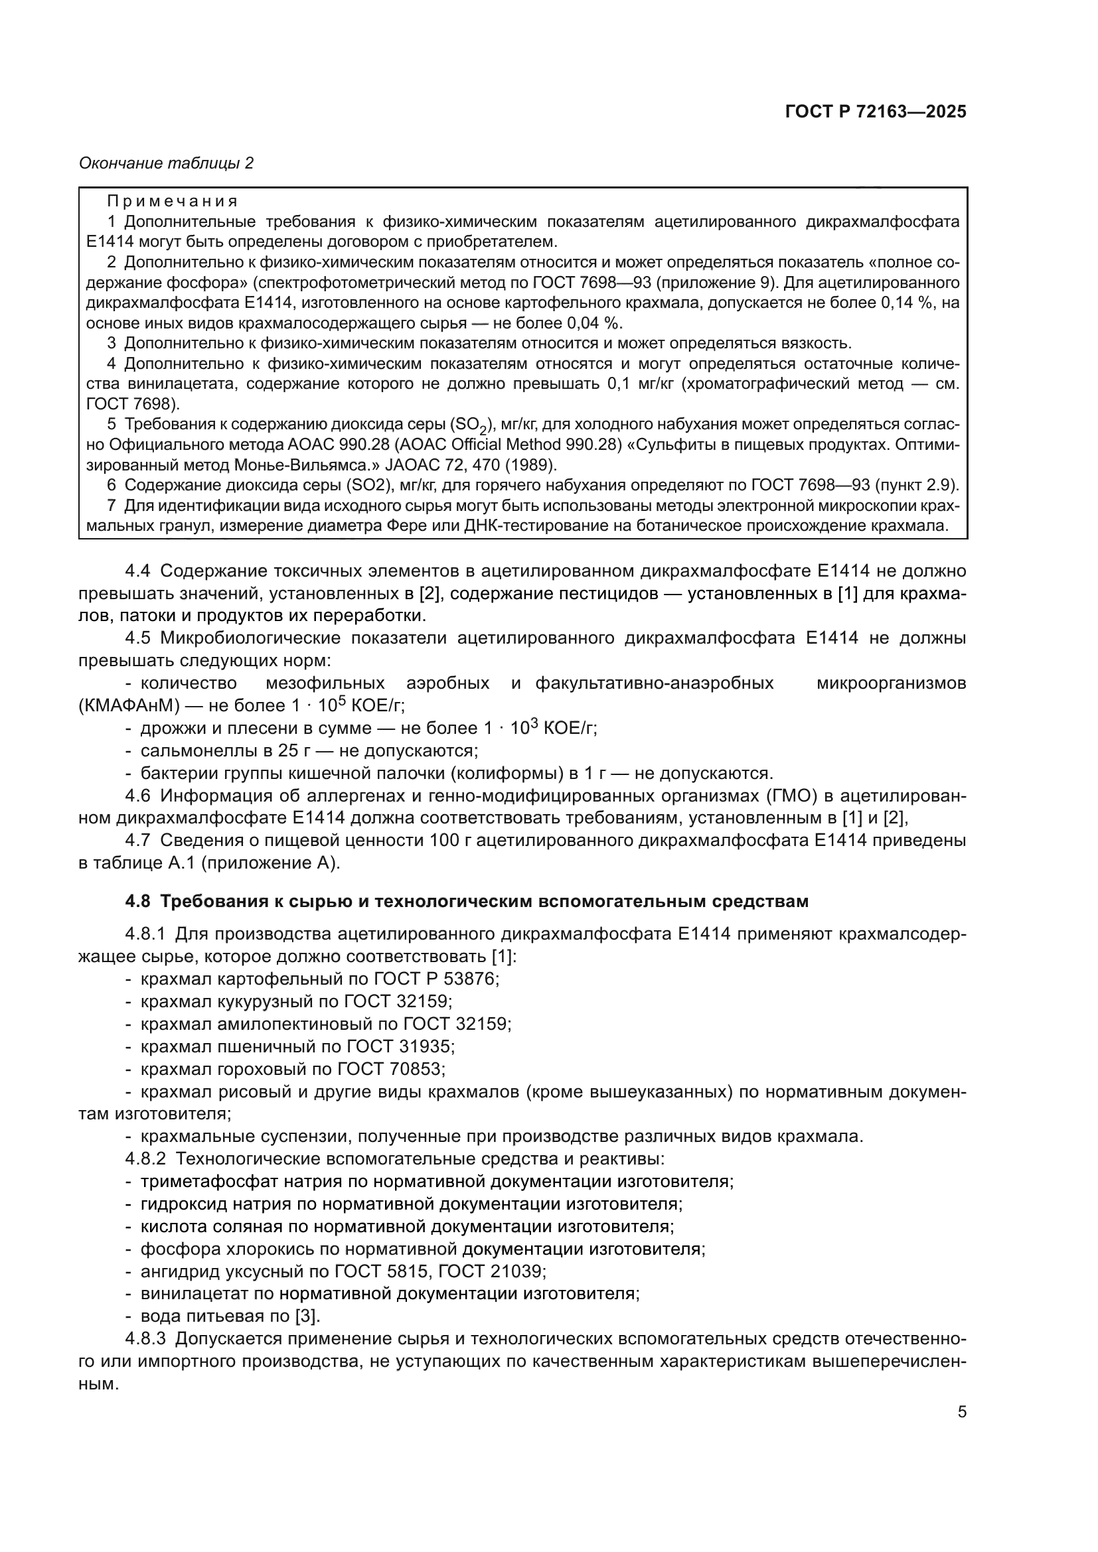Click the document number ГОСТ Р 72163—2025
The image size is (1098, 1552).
point(876,112)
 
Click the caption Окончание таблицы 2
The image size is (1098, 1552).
point(167,163)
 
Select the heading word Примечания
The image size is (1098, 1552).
point(173,202)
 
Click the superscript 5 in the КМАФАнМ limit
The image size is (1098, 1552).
point(342,700)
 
